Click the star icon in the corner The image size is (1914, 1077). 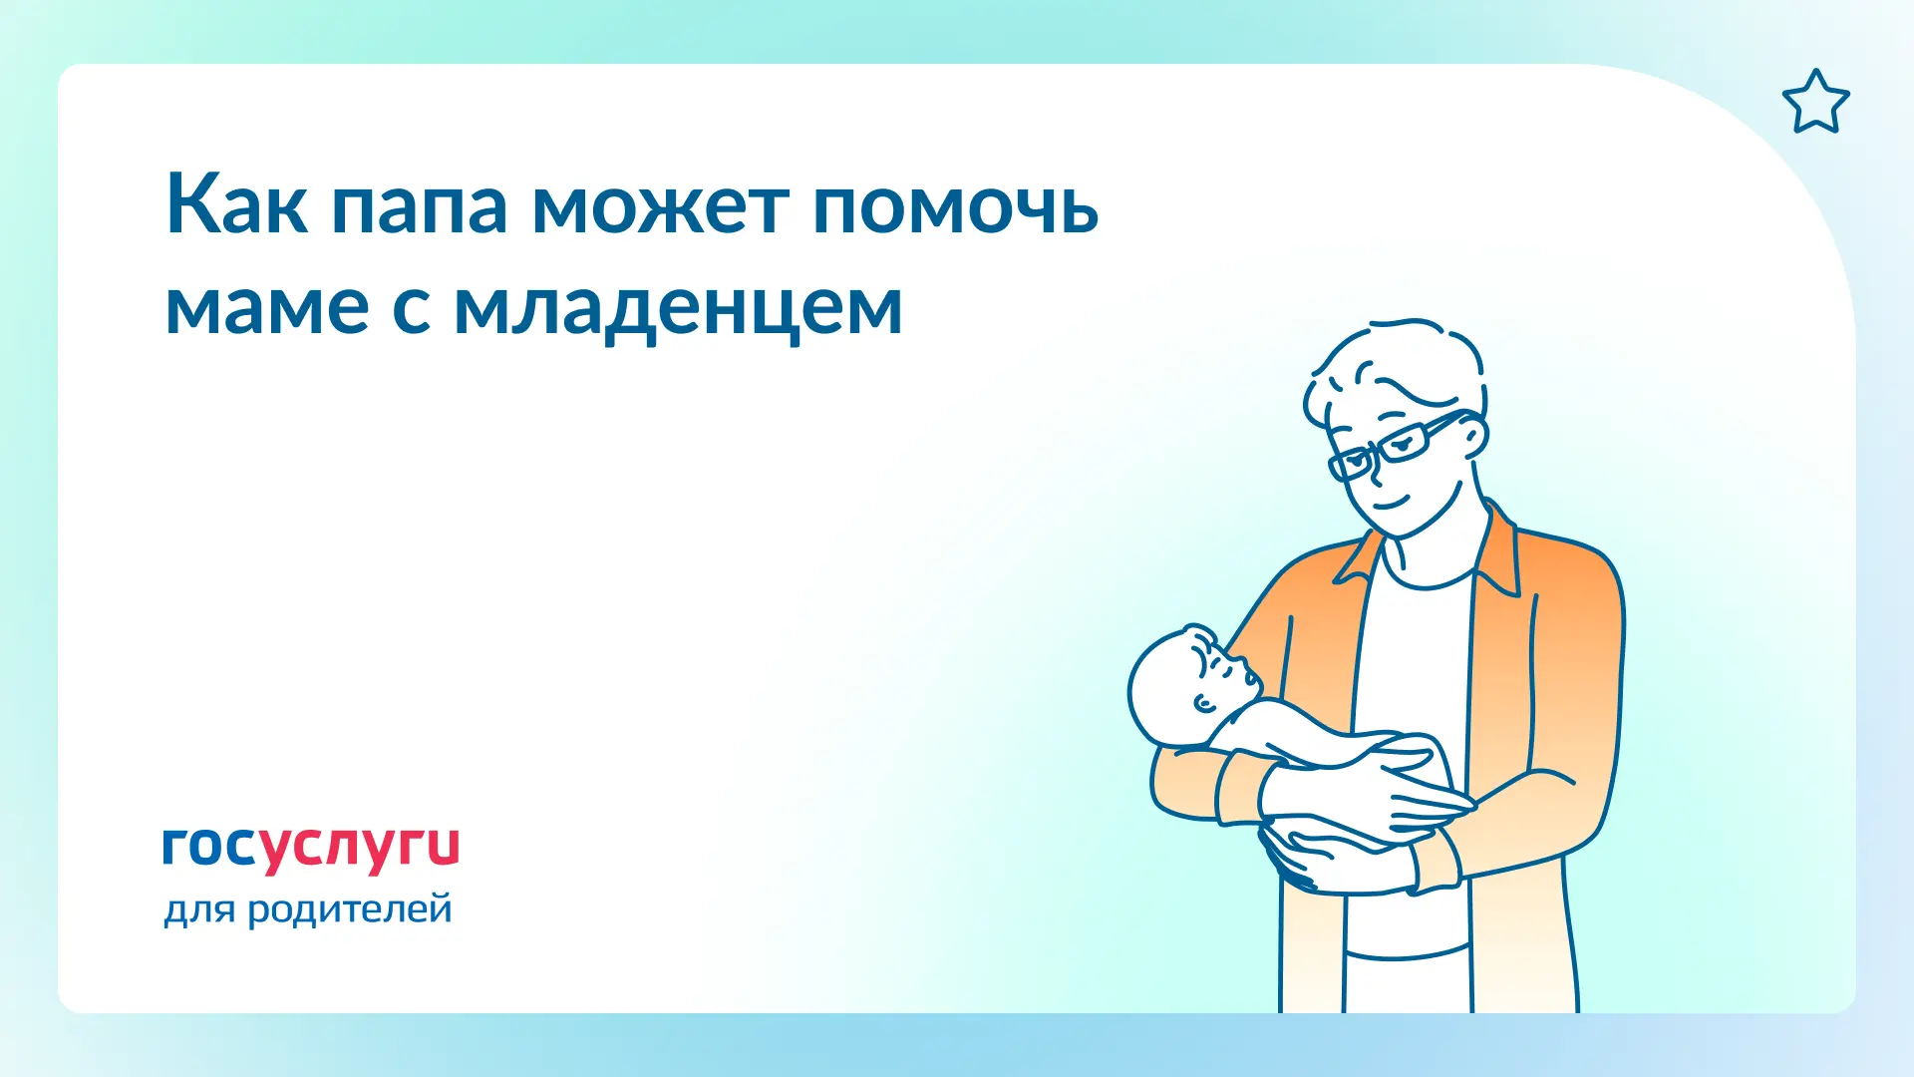(x=1815, y=102)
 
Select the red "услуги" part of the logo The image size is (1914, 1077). (x=360, y=851)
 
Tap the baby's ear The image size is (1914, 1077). (x=1204, y=704)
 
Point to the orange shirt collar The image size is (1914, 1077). (x=1495, y=553)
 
